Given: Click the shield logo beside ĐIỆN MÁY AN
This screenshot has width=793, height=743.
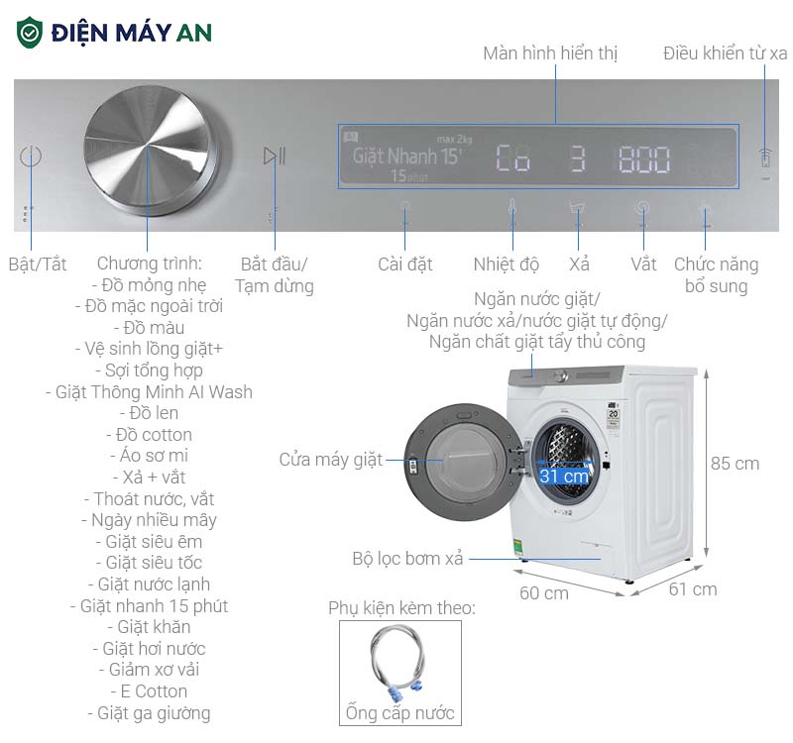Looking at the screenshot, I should coord(30,33).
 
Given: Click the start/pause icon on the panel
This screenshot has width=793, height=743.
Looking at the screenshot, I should coord(275,156).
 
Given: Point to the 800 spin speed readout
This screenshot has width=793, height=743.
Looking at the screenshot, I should coord(644,159).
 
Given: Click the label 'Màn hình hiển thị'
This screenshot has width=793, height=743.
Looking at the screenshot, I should coord(550,53).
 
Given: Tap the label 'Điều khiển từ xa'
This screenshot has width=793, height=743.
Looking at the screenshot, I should coord(726,53).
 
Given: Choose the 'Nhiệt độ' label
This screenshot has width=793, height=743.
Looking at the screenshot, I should coord(507,265).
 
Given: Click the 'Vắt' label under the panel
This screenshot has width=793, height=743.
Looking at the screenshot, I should coord(643,265).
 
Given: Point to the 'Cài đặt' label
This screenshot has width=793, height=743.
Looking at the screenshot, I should coord(405,265).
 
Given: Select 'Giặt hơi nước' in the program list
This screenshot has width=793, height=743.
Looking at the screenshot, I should coord(155,649).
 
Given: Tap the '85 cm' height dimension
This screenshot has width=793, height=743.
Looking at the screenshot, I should coord(735,464).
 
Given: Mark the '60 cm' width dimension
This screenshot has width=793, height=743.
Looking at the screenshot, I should coord(544,593).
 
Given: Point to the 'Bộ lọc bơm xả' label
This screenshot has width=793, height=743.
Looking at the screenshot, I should coord(407,559).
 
